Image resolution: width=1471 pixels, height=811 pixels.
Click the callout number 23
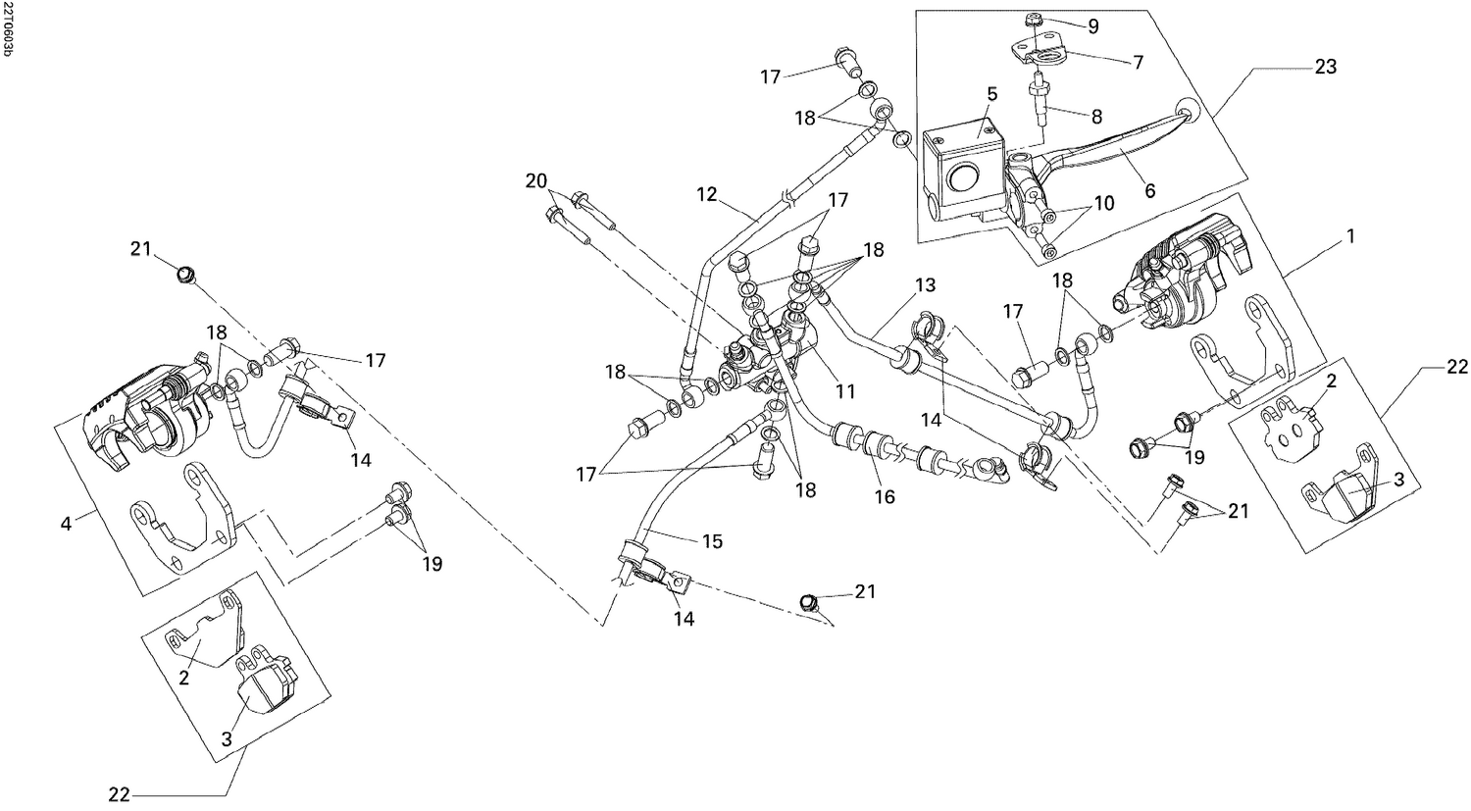pos(1326,68)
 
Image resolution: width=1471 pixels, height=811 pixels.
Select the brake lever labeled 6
pos(1118,148)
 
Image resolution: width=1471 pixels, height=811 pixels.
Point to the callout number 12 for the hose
pos(708,195)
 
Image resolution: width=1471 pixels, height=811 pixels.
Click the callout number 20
pos(534,181)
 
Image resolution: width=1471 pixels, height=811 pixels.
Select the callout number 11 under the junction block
pos(843,391)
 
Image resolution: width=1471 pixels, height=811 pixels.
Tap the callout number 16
pos(885,497)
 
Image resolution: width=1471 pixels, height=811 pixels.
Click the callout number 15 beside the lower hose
pos(711,541)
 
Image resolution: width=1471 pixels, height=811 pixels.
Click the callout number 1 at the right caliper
pos(1350,236)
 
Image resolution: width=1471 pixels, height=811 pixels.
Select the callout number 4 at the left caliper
pos(66,524)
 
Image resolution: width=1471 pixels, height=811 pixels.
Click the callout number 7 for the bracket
pos(1138,62)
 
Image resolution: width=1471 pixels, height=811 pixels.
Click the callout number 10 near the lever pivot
pos(1104,203)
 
